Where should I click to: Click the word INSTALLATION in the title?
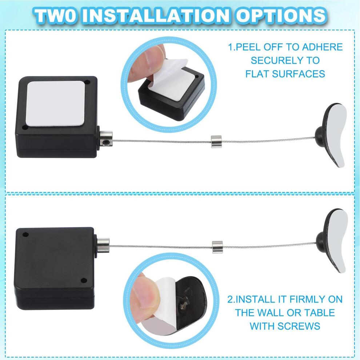156,15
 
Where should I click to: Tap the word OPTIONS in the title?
281,15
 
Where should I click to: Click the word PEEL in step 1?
249,47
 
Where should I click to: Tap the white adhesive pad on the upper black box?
55,103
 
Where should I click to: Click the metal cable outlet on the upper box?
106,139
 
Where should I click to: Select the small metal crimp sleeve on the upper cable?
216,141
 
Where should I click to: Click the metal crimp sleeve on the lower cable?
217,247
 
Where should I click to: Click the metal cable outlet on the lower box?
103,245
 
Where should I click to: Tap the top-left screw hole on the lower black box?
25,235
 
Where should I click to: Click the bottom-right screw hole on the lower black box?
84,280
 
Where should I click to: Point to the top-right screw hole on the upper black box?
87,82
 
